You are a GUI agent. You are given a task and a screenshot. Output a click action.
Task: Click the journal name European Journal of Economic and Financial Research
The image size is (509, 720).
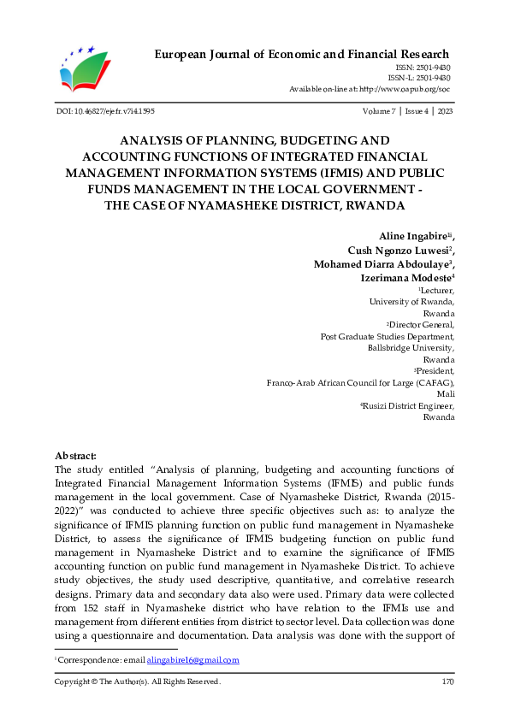[302, 55]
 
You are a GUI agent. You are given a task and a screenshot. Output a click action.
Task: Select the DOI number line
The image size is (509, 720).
[104, 111]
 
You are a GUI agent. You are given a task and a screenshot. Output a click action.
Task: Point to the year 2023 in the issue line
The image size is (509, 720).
[445, 111]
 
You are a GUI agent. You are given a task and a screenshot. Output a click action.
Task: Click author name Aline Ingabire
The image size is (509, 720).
[414, 235]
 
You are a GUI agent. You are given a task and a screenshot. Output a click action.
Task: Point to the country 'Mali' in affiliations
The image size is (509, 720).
[446, 394]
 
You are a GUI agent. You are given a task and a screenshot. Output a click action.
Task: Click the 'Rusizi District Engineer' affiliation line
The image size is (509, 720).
[408, 406]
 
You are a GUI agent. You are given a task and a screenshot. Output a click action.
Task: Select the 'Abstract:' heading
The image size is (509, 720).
[75, 457]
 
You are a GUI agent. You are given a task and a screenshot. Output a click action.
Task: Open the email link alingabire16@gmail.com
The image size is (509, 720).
[192, 660]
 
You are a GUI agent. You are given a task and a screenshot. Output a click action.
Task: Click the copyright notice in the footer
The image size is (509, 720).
[137, 682]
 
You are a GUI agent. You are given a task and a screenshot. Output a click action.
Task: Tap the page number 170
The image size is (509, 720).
[447, 682]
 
